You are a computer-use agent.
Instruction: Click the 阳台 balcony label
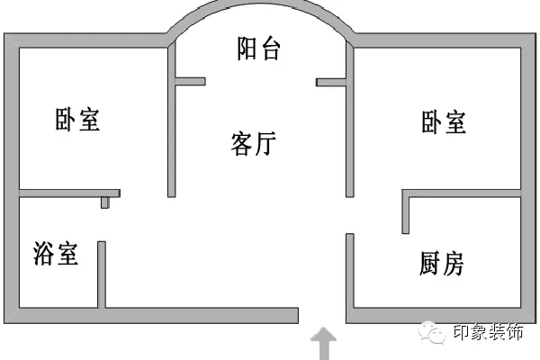(x=259, y=49)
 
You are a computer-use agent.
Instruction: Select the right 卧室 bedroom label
(x=444, y=121)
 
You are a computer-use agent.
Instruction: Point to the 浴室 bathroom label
(x=56, y=253)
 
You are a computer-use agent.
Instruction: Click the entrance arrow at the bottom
(x=323, y=344)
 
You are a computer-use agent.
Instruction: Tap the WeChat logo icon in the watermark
(x=436, y=334)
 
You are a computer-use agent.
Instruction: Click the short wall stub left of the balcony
(x=190, y=82)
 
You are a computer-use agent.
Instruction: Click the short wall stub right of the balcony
(x=331, y=82)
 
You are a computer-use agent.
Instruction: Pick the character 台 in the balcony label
(x=271, y=49)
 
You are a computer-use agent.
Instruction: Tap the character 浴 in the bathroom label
(x=43, y=253)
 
